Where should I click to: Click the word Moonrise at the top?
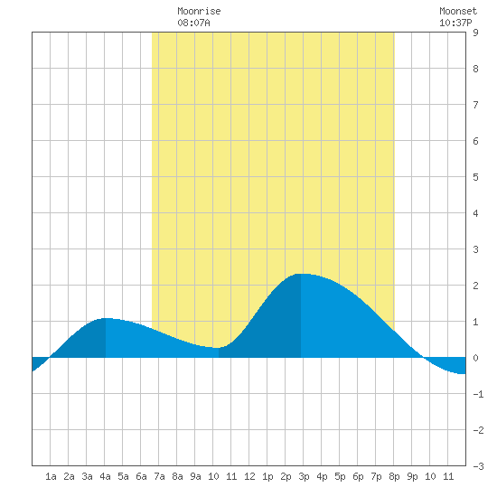coord(199,11)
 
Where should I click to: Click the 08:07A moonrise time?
coord(193,23)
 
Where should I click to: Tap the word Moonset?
coord(458,11)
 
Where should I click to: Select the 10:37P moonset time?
coord(455,23)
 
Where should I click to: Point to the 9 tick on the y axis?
coord(475,33)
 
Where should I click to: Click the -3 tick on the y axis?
coord(478,466)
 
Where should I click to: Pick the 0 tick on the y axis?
coord(475,358)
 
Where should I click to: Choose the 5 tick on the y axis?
coord(475,177)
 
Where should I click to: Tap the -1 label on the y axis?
coord(478,394)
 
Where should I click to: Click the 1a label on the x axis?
coord(51,476)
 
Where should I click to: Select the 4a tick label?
coord(105,476)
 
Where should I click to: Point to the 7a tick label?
coord(159,476)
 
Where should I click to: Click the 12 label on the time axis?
coord(249,476)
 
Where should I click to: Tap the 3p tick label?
coord(304,476)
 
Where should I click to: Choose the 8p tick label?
coord(394,476)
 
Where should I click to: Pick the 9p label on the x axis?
coord(412,476)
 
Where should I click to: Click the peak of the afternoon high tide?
coord(301,274)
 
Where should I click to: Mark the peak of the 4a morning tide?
coord(106,318)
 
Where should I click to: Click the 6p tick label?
coord(358,476)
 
